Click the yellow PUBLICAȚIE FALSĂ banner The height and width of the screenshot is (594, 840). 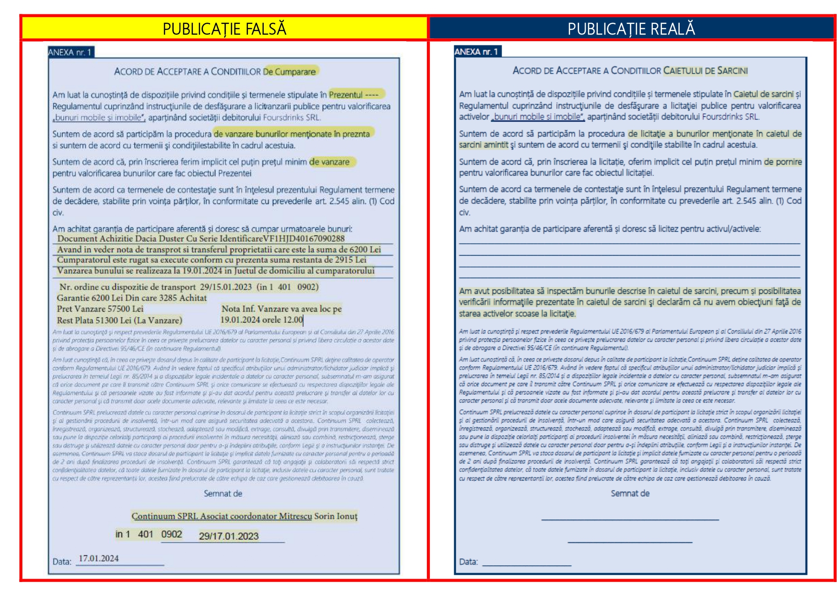224,29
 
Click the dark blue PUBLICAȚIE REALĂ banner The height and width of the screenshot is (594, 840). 631,29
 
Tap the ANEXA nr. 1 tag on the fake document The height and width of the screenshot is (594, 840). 70,52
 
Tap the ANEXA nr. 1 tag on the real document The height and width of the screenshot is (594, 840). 477,52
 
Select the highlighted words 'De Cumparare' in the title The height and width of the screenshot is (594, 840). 290,72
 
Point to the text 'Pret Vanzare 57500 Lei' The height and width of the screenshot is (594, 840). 100,309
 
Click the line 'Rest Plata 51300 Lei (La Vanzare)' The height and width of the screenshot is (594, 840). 120,320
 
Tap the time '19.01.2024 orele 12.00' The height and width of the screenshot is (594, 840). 261,320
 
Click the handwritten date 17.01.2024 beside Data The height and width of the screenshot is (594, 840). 99,558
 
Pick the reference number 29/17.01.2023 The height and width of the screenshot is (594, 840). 229,536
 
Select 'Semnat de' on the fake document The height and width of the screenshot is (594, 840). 223,493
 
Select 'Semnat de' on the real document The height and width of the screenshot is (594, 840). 630,493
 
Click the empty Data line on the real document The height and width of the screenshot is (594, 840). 526,564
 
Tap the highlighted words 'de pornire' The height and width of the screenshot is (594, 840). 783,162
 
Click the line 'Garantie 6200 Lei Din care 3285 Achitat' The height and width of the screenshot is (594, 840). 132,298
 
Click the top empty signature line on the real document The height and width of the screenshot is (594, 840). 630,519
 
